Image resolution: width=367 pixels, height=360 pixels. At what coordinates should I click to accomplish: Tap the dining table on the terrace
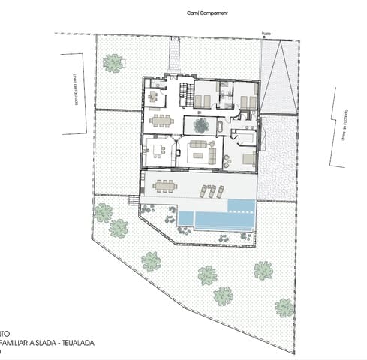[x=164, y=187]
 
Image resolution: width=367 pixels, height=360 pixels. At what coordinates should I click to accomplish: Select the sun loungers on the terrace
[x=211, y=191]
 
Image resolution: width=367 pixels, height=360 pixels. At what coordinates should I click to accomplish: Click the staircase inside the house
[x=182, y=93]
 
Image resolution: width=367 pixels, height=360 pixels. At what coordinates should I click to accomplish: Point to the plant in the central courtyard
[x=201, y=124]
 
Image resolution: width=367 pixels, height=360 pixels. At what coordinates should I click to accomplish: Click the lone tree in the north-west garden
[x=113, y=63]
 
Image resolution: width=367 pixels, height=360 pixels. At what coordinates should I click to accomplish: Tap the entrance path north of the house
[x=175, y=53]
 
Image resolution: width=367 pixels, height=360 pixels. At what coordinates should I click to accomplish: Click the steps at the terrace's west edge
[x=134, y=201]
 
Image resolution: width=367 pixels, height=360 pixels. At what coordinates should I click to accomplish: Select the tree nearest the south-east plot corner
[x=284, y=307]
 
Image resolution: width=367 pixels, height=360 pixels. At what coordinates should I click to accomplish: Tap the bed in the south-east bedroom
[x=248, y=159]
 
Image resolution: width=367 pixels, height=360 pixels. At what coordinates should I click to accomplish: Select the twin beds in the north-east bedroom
[x=245, y=100]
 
